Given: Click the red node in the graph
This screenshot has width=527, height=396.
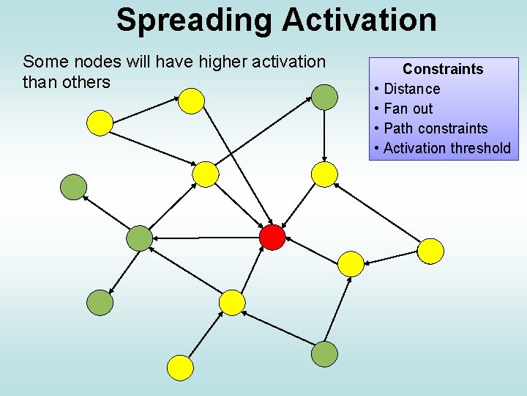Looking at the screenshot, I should pos(272,237).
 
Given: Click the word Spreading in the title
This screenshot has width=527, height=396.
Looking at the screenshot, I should pos(195,20).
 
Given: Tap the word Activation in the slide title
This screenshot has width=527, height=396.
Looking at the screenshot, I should pos(359,20).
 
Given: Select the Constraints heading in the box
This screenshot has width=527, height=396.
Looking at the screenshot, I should pos(443,69).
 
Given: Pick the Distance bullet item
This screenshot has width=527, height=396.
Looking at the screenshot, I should pos(411,89).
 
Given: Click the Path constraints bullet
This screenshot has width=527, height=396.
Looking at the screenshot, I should pos(435,128).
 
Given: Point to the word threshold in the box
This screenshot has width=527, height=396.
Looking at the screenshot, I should pos(480,148).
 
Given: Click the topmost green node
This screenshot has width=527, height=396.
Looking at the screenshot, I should pos(325,97).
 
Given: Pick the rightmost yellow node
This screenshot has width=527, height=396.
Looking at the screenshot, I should pos(430,251).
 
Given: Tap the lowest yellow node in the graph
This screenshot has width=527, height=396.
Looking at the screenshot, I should pos(180,367).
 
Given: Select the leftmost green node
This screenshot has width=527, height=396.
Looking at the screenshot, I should pos(72,186).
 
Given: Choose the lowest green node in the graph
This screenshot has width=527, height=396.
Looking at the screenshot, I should pos(324,354).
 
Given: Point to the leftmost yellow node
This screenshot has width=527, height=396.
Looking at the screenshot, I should pos(100,122).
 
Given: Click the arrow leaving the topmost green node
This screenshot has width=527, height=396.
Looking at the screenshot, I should pos(325,136).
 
